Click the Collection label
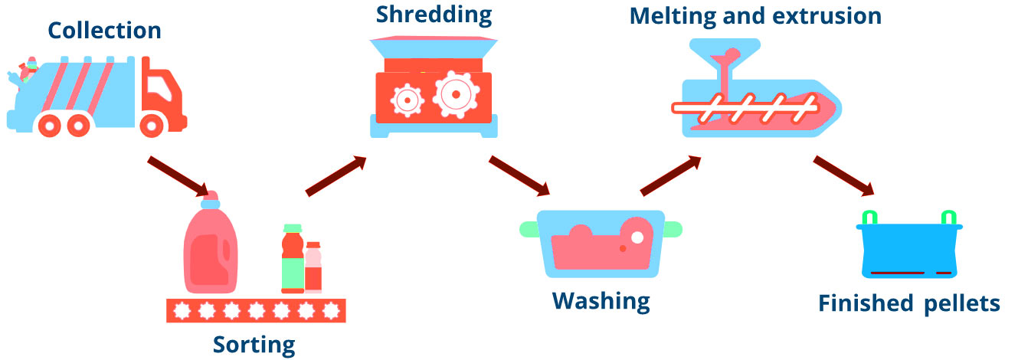104,31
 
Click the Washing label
601,299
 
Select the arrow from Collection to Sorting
177,177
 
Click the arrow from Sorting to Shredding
335,176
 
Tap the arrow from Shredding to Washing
519,176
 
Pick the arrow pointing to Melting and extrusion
670,175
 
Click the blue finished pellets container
908,250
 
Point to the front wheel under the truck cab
154,124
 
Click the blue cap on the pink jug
210,204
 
